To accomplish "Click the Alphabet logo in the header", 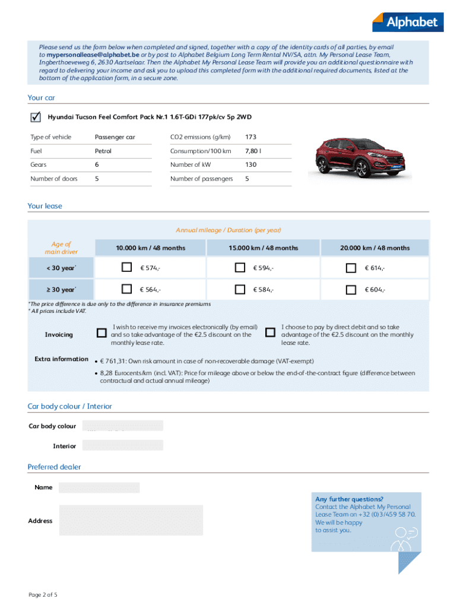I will pos(407,21).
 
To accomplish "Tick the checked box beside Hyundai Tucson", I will pos(35,117).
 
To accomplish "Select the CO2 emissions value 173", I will pos(251,137).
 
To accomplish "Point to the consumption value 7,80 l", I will pos(253,151).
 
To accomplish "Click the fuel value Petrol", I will pos(103,151).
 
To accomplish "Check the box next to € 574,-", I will pos(126,268).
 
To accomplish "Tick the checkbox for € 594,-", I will pos(240,268).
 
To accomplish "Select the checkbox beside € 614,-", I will pos(351,268).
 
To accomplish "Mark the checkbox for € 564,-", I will pos(126,289).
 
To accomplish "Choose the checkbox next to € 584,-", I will pos(240,289).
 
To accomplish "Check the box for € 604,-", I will pos(351,289).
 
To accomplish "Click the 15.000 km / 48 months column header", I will pos(263,248).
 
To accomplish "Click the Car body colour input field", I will pos(123,426).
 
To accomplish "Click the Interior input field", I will pos(123,445).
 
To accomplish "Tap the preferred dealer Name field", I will pos(99,487).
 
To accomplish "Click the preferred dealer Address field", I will pos(131,520).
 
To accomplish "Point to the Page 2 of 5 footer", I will pos(43,594).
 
